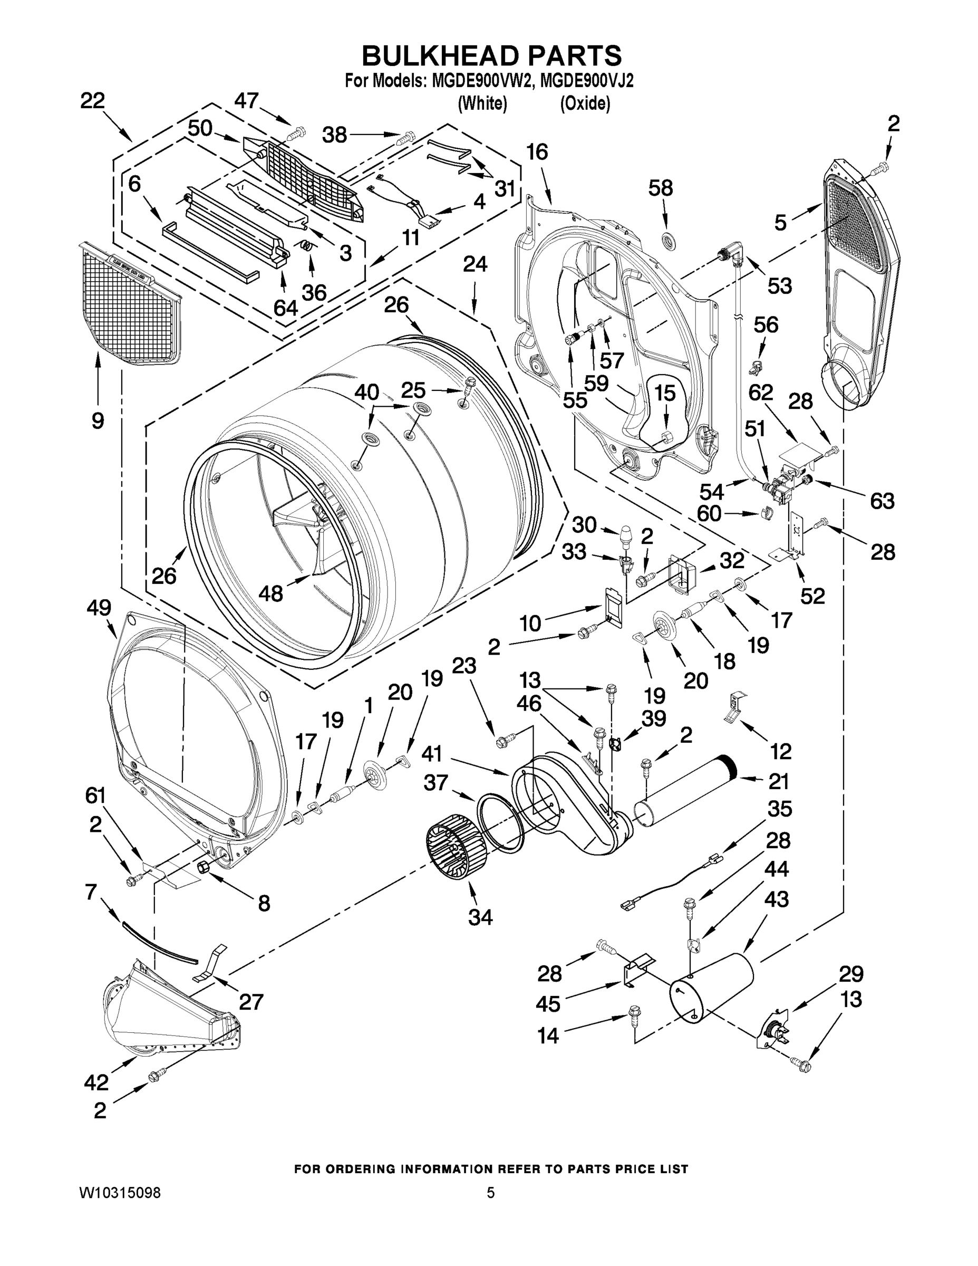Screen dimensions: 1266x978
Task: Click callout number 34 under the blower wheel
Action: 480,917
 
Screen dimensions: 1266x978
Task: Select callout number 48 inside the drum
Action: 270,593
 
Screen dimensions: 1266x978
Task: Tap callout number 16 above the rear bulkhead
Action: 537,152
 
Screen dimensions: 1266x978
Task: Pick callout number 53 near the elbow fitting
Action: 779,285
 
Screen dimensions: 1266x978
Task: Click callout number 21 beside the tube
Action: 778,781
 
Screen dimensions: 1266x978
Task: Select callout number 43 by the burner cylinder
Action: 776,899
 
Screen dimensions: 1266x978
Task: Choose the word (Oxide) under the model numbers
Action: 585,104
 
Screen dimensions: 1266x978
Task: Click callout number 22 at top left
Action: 92,100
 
